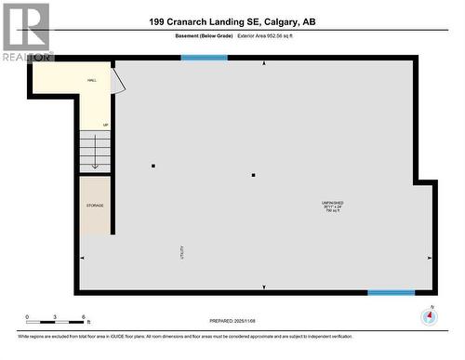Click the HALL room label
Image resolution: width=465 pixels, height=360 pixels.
92,81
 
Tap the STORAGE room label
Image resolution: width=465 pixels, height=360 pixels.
95,206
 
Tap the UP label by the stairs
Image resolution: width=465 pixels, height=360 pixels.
105,125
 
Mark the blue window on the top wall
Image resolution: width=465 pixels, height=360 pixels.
204,58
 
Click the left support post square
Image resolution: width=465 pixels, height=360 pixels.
153,167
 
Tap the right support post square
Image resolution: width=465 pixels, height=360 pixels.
253,175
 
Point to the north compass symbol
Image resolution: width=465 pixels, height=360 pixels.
429,316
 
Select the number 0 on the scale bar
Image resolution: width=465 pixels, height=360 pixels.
27,317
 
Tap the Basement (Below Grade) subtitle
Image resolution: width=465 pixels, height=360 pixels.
204,36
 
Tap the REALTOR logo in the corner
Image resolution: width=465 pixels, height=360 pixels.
26,30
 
